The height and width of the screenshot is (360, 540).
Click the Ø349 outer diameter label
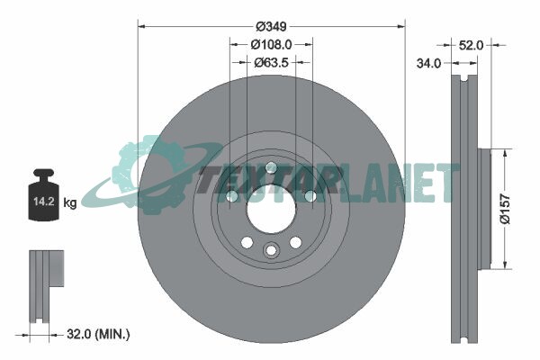tap(272, 26)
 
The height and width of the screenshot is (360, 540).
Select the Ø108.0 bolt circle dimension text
tap(272, 44)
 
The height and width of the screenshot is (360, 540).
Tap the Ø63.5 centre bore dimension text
tap(272, 63)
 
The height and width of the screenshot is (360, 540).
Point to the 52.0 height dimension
tap(471, 45)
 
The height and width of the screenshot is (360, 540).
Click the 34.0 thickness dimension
tap(428, 63)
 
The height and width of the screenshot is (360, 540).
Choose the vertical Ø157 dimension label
tap(505, 209)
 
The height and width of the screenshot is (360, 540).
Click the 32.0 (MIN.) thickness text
tap(98, 334)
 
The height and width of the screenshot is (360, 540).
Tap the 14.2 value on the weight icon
tap(44, 202)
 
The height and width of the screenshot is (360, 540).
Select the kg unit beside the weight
tap(70, 202)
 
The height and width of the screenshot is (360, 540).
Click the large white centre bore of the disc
tap(272, 210)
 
